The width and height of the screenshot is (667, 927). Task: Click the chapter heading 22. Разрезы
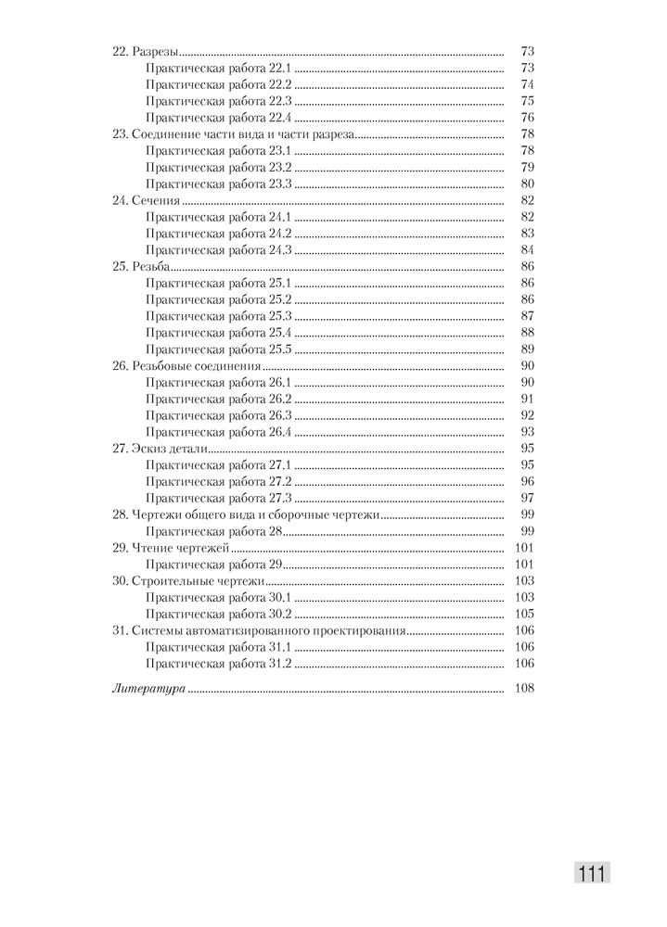coord(146,51)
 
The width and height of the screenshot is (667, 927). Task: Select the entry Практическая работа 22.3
coord(219,100)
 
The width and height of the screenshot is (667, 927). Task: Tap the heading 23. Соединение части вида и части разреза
coord(233,133)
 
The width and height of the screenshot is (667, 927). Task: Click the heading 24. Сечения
coord(146,200)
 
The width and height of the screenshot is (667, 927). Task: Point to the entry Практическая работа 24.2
coord(219,234)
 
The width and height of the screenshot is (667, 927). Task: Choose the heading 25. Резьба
coord(141,266)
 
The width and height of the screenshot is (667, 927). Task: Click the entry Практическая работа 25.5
coord(219,349)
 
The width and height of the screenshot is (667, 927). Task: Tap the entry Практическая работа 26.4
coord(219,432)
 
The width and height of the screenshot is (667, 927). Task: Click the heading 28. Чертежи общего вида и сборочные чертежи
coord(246,514)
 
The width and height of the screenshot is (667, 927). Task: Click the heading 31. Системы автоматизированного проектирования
coord(259,630)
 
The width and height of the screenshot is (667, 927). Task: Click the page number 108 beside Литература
coord(524,690)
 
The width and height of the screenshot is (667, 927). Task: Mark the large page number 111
coord(592,874)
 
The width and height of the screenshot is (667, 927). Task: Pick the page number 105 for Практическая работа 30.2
coord(524,614)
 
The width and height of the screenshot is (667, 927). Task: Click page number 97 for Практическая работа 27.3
coord(527,498)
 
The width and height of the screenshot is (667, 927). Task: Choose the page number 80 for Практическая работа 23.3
coord(527,184)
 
